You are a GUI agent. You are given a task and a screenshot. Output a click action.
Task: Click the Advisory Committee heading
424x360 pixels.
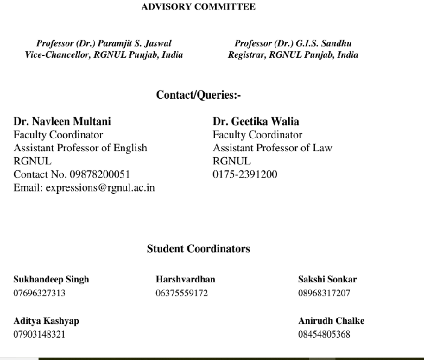(x=198, y=7)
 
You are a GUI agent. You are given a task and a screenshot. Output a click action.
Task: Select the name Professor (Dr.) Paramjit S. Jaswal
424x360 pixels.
(x=104, y=44)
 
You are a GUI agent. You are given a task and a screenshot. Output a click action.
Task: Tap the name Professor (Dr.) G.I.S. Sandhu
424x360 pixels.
(x=293, y=44)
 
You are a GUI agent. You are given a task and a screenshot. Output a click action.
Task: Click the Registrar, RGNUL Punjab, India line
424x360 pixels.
(x=293, y=55)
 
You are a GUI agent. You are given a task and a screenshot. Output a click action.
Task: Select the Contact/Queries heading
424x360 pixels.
(x=199, y=95)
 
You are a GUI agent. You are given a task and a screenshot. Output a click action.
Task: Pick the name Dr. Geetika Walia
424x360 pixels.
(x=256, y=122)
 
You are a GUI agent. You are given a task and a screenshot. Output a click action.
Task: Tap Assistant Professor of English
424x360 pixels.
(x=80, y=148)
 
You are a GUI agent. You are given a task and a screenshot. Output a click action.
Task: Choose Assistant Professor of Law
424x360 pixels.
(x=272, y=148)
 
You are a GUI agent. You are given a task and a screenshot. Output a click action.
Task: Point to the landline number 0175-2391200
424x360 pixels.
(x=245, y=175)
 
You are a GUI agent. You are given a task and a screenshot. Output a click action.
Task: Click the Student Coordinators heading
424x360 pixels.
(x=199, y=249)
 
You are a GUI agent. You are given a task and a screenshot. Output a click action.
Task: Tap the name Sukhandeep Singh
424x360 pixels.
(x=51, y=279)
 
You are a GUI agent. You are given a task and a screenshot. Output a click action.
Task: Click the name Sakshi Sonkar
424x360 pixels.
(x=328, y=279)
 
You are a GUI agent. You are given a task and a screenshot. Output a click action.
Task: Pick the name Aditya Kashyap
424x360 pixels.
(x=46, y=321)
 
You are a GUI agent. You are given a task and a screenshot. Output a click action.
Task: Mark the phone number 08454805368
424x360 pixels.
(x=324, y=335)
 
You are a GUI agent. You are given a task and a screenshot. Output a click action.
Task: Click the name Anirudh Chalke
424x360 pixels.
(x=331, y=321)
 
